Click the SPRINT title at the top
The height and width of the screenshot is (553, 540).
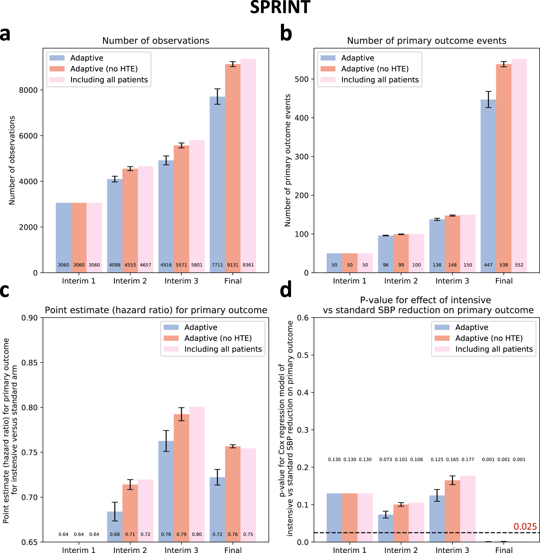click(280, 7)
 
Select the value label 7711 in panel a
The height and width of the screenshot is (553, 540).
click(217, 265)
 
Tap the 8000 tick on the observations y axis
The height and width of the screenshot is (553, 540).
click(28, 90)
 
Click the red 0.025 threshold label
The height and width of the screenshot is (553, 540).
click(525, 526)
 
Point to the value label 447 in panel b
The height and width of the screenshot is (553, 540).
click(488, 265)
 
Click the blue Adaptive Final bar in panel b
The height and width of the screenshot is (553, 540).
click(488, 185)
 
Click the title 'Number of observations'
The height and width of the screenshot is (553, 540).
click(156, 41)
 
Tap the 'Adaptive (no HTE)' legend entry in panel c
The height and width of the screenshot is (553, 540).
click(218, 338)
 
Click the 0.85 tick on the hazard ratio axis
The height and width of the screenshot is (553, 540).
click(30, 362)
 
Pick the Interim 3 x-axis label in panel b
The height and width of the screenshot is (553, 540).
click(452, 281)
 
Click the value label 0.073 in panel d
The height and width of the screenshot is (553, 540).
click(385, 459)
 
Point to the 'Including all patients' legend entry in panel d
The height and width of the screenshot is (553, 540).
click(494, 349)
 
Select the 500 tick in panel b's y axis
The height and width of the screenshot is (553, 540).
click(302, 79)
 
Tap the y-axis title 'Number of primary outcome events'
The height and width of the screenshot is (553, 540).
click(288, 160)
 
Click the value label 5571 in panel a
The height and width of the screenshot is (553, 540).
click(181, 265)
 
